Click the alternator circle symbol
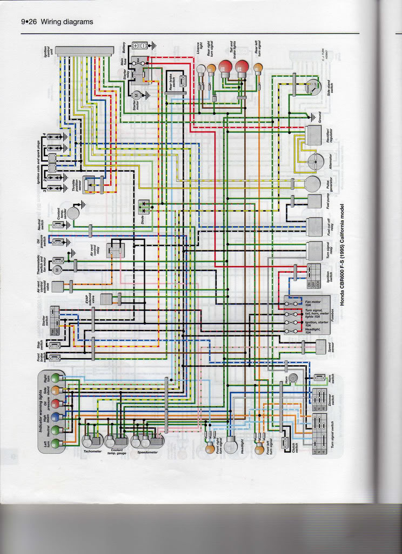click(x=316, y=161)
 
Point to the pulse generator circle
click(x=312, y=184)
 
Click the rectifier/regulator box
click(x=313, y=135)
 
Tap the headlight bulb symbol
click(x=231, y=445)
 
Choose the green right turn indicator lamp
click(x=55, y=378)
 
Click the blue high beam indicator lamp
click(x=55, y=417)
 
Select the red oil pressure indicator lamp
click(x=55, y=404)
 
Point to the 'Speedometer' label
click(x=148, y=451)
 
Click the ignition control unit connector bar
click(x=84, y=50)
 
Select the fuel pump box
click(x=314, y=201)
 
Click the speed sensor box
click(x=321, y=346)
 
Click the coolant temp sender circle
click(x=72, y=213)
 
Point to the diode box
click(x=145, y=207)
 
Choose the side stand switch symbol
click(x=312, y=87)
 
